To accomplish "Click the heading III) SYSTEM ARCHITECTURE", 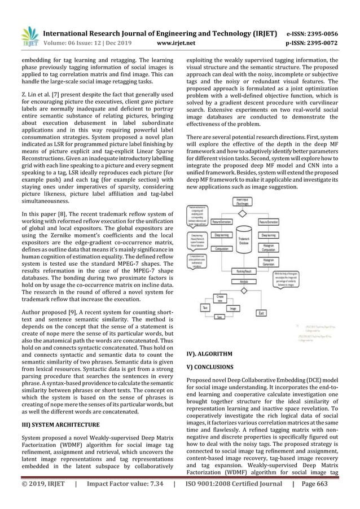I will (x=56, y=424).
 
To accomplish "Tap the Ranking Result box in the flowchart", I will (x=242, y=271).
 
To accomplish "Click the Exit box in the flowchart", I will (x=262, y=312).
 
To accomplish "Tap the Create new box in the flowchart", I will (x=221, y=297).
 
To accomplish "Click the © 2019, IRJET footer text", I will (x=39, y=499).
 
